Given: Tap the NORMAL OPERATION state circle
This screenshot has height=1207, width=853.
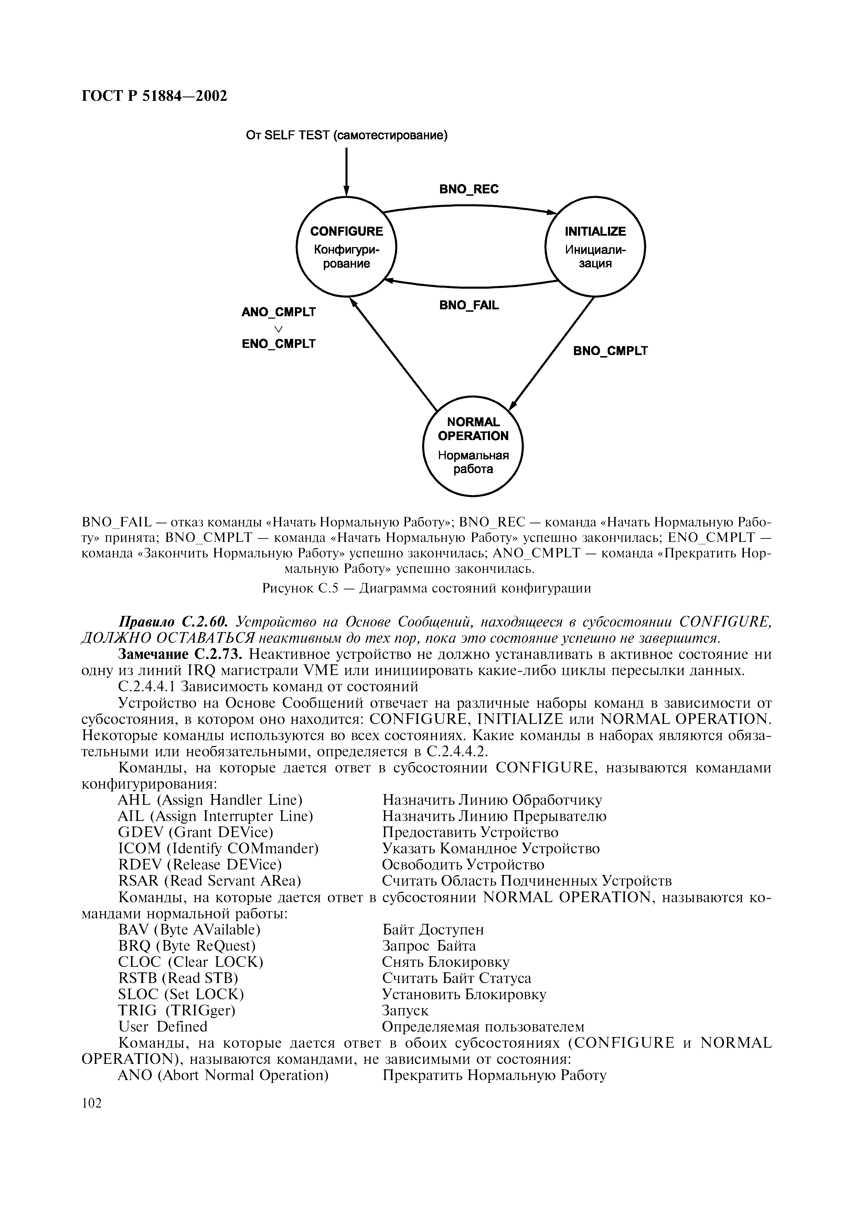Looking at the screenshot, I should (x=473, y=446).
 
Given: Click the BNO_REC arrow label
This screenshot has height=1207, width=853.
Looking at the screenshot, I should (x=469, y=189).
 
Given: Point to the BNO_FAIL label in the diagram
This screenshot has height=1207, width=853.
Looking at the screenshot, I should (x=469, y=306).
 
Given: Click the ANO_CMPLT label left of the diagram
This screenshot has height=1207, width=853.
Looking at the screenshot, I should (x=279, y=312).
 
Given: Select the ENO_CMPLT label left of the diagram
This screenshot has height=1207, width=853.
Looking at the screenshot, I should (x=279, y=344).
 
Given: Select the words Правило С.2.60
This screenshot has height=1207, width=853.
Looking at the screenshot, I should (x=173, y=622).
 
